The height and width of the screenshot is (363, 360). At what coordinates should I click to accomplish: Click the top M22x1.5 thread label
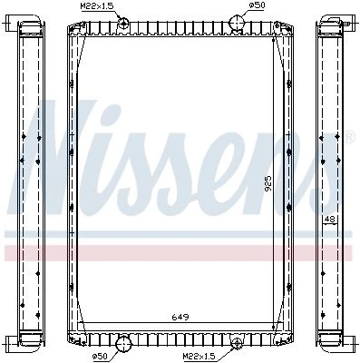pyautogui.click(x=95, y=5)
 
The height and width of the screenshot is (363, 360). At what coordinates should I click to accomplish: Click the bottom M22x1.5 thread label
pyautogui.click(x=198, y=357)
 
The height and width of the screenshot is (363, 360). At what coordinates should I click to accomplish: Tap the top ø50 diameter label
pyautogui.click(x=257, y=5)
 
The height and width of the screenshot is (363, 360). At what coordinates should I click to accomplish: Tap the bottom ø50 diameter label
pyautogui.click(x=99, y=357)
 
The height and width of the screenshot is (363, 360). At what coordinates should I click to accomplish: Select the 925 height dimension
pyautogui.click(x=268, y=183)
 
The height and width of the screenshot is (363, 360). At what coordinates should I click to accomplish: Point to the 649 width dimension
pyautogui.click(x=180, y=317)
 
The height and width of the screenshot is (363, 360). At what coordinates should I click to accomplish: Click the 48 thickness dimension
pyautogui.click(x=330, y=219)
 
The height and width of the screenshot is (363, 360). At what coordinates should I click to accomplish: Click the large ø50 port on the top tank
pyautogui.click(x=236, y=23)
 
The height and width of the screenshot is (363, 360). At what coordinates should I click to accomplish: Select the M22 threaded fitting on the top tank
pyautogui.click(x=123, y=24)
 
